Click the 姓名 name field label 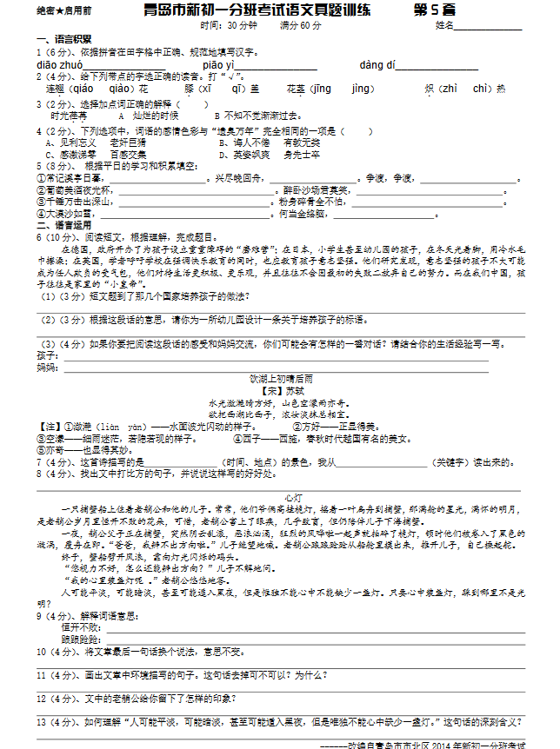click(x=444, y=25)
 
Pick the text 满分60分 click(x=300, y=26)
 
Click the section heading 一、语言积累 click(x=64, y=40)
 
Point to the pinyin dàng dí click(x=377, y=65)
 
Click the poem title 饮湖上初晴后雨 click(x=280, y=379)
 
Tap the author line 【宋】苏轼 click(x=280, y=391)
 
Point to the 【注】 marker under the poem click(x=50, y=427)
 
